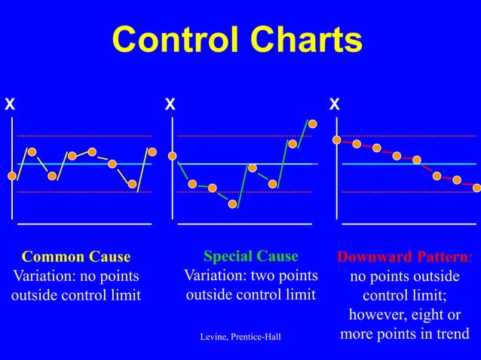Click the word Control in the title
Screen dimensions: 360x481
[173, 42]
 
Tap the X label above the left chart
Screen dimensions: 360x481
[9, 105]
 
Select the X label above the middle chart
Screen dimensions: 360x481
[170, 105]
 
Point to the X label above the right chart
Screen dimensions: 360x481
[334, 105]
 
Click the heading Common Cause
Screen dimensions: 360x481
[76, 257]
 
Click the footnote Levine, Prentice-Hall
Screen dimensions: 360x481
[240, 336]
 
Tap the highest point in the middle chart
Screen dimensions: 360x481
[312, 124]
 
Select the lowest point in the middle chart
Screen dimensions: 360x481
[233, 203]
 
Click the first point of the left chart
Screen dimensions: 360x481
[12, 176]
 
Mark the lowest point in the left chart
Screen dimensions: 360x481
[132, 184]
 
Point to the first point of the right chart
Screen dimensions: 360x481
[337, 139]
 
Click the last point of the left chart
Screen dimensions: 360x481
[152, 151]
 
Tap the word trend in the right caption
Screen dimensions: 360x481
[447, 334]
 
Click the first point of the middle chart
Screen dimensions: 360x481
[173, 156]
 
